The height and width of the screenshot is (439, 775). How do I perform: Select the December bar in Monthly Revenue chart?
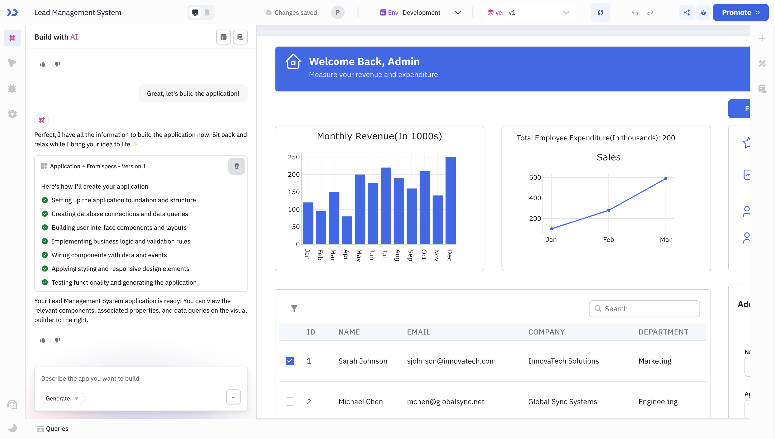[450, 200]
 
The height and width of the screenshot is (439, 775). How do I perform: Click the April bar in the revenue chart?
[347, 230]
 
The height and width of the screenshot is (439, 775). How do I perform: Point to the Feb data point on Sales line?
[608, 210]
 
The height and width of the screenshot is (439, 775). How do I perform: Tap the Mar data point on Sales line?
[666, 179]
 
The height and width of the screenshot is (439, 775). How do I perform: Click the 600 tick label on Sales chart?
[535, 178]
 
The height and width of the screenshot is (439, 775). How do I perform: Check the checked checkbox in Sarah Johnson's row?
[290, 361]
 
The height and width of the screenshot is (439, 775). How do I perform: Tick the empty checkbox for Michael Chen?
[290, 402]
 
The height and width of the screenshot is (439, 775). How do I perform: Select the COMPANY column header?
[546, 332]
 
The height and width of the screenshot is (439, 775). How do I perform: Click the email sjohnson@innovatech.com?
[451, 361]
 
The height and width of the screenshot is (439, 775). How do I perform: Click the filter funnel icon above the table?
[294, 308]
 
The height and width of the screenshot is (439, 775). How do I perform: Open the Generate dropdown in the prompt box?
[63, 398]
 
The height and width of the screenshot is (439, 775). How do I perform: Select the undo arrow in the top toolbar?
[635, 13]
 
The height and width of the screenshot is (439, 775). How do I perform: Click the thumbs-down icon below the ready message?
[57, 340]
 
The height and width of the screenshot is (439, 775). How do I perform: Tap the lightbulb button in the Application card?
[236, 166]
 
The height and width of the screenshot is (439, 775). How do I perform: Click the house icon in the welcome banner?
[293, 62]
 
